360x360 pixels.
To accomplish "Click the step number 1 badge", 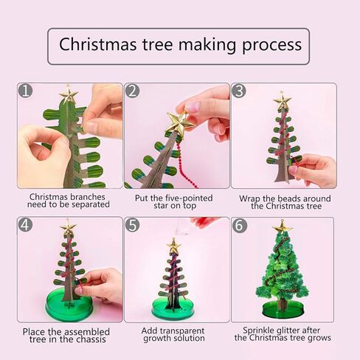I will (x=26, y=91).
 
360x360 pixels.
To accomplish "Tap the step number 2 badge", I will (x=133, y=91).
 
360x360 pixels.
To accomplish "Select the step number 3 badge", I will (x=239, y=91).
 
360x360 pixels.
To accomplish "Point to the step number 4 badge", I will (x=26, y=226).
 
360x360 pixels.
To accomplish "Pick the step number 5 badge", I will (x=133, y=226).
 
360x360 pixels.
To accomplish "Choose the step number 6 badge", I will (x=239, y=226).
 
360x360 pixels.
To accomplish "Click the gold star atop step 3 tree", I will (x=282, y=101).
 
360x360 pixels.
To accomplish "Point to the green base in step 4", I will (x=68, y=304).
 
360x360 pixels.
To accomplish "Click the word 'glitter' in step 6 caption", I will (x=285, y=329).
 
